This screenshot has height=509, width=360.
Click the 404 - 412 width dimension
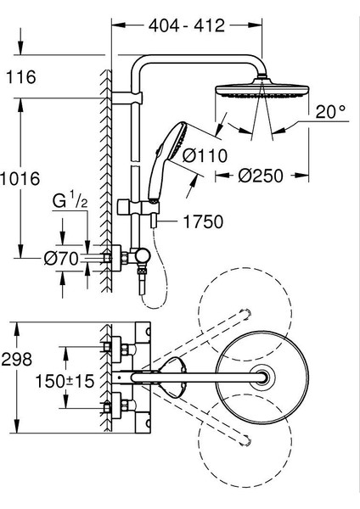pyautogui.click(x=187, y=25)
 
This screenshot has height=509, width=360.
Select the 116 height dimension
pyautogui.click(x=21, y=77)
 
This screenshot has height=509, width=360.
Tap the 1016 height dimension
pyautogui.click(x=20, y=179)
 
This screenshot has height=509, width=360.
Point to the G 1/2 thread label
pyautogui.click(x=70, y=201)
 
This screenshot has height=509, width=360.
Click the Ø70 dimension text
pyautogui.click(x=61, y=259)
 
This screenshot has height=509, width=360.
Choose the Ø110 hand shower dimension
pyautogui.click(x=205, y=156)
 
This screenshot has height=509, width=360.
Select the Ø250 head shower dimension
pyautogui.click(x=261, y=176)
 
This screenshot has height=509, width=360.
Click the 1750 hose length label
pyautogui.click(x=204, y=221)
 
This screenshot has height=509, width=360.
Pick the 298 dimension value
pyautogui.click(x=17, y=360)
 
